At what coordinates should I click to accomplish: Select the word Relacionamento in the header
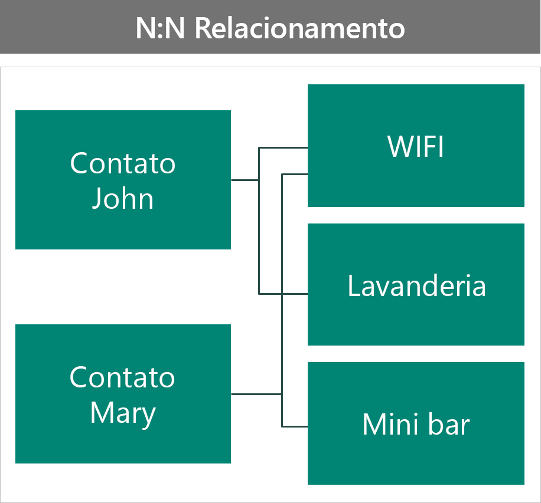[300, 28]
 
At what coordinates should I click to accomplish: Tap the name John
[123, 199]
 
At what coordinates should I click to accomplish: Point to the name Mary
[123, 413]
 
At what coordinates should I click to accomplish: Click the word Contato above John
[123, 163]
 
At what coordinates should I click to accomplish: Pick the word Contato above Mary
[122, 377]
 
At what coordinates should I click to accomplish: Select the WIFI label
[416, 147]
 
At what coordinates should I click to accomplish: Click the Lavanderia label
[416, 286]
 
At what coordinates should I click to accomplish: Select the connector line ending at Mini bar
[295, 426]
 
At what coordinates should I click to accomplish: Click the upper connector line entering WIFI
[283, 148]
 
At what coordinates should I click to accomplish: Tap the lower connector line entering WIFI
[295, 174]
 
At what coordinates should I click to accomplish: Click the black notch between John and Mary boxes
[35, 287]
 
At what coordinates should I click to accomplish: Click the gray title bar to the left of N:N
[65, 28]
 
